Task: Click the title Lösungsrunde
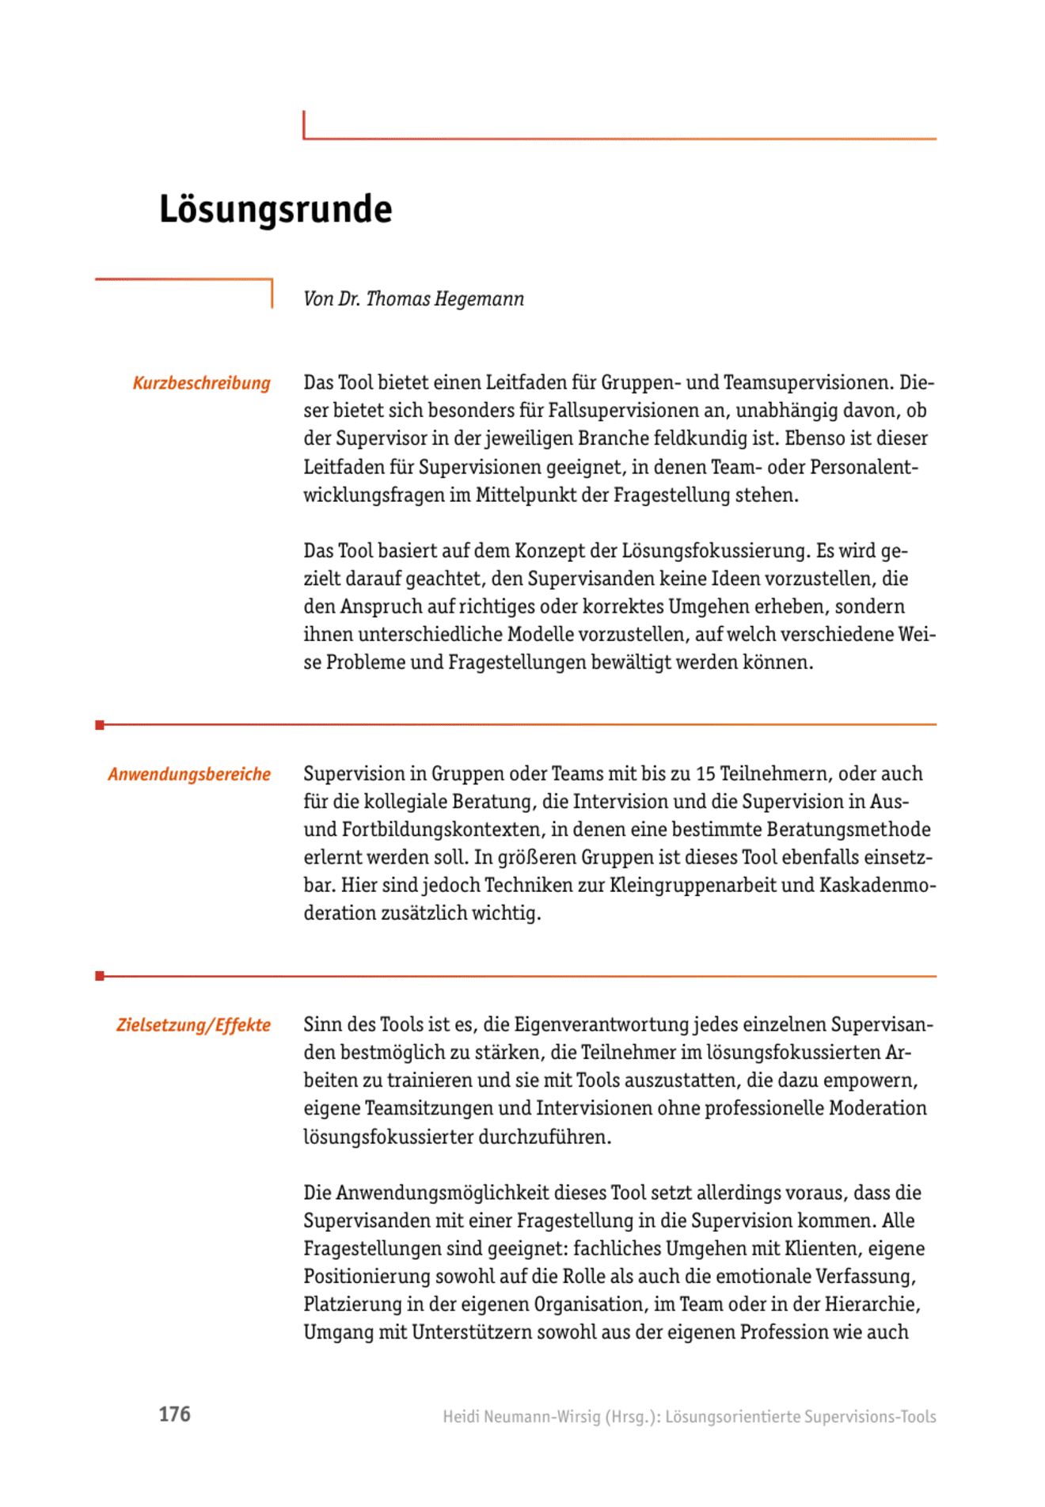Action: pyautogui.click(x=275, y=210)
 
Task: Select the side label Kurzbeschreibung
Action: pyautogui.click(x=201, y=383)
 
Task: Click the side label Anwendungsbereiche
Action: pyautogui.click(x=189, y=774)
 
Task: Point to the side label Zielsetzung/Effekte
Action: pyautogui.click(x=193, y=1025)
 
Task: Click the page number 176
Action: pyautogui.click(x=174, y=1414)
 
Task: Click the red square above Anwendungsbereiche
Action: pyautogui.click(x=100, y=725)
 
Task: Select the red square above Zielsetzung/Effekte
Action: pyautogui.click(x=100, y=976)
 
